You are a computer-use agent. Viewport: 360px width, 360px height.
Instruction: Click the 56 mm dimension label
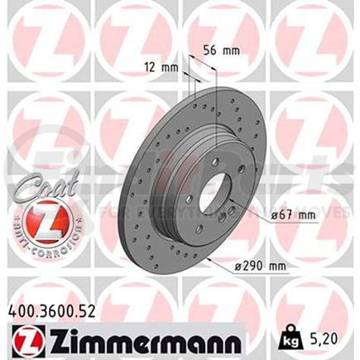(223, 50)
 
